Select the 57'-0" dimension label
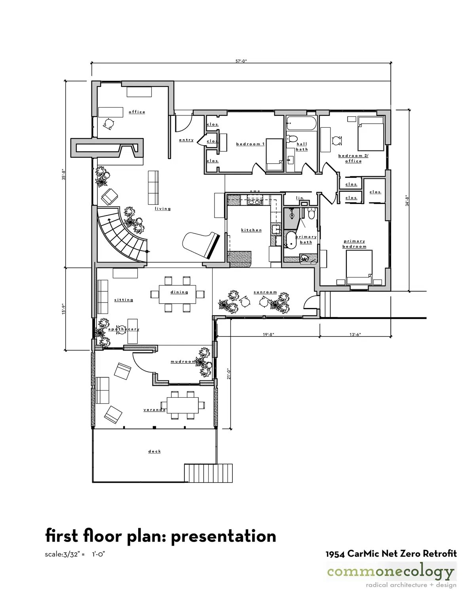(241, 61)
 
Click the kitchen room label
(251, 230)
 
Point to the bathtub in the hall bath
(301, 123)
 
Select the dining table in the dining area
(177, 295)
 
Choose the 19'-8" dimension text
(268, 334)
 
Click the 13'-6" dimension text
(355, 334)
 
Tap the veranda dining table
(185, 405)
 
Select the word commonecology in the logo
(390, 572)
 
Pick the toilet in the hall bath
(292, 139)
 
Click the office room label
(137, 112)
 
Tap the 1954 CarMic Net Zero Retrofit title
(391, 554)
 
